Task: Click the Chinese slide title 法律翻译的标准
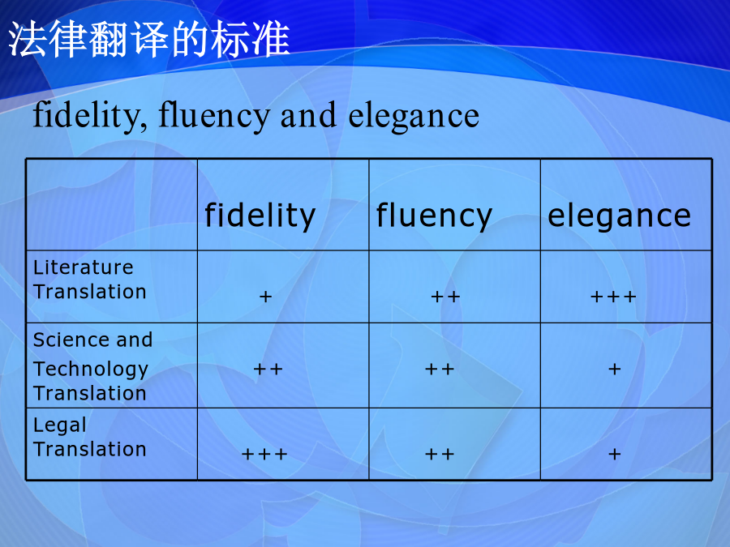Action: (x=149, y=39)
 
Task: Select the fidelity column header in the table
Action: (x=260, y=216)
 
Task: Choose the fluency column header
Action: (x=434, y=216)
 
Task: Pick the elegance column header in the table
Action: (x=619, y=216)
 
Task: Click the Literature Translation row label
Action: (x=90, y=280)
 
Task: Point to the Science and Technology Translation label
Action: (x=92, y=366)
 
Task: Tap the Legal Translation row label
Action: (x=90, y=438)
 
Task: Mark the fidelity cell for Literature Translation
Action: (x=265, y=297)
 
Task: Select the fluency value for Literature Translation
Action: (x=445, y=297)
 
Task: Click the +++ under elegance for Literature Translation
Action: (x=613, y=297)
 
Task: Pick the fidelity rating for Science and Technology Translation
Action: (x=268, y=370)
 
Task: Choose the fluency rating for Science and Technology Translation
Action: (x=440, y=370)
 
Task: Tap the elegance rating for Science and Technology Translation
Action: (x=615, y=370)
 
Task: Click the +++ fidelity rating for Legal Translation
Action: (x=264, y=454)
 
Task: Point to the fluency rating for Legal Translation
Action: (x=440, y=454)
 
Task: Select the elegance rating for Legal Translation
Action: (x=615, y=454)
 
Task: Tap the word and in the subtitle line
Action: (x=308, y=115)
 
